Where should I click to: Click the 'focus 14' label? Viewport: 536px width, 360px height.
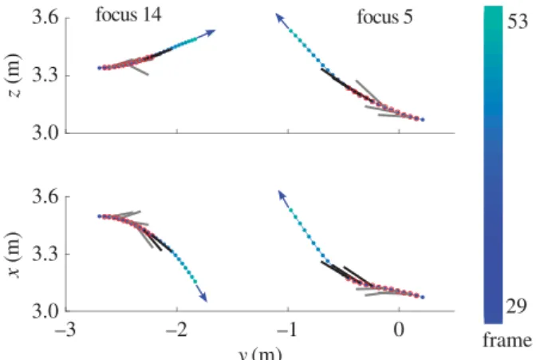point(128,15)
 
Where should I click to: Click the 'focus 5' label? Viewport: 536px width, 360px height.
point(385,17)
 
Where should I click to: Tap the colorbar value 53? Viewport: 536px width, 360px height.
point(518,22)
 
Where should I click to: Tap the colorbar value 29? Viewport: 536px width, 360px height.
point(517,307)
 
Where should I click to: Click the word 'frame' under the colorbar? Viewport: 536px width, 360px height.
point(507,341)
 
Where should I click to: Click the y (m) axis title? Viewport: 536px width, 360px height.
point(260,354)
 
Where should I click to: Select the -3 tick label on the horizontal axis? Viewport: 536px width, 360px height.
point(65,330)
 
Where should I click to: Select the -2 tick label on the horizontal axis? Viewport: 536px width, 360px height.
point(176,330)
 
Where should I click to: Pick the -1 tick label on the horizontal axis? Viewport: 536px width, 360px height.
point(287,330)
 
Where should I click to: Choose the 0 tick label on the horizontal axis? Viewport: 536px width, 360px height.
point(399,330)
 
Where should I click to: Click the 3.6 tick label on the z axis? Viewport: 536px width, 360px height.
point(45,17)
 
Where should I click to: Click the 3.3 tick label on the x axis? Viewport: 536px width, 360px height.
point(45,254)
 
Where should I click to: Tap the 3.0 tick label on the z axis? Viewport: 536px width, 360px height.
point(45,133)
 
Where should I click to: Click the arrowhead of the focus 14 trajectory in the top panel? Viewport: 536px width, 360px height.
point(210,33)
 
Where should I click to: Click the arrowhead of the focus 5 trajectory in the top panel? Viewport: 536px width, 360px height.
point(280,18)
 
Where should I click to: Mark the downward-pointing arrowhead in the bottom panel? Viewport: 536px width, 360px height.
point(203,298)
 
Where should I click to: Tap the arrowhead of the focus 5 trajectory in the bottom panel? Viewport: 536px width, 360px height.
point(282,195)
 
